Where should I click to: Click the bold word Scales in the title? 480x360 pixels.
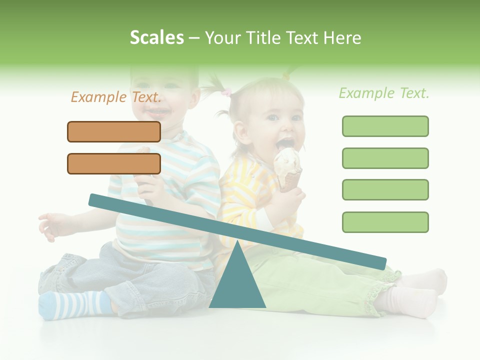pos(156,37)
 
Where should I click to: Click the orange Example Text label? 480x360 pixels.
pos(116,97)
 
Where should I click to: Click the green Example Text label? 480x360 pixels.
pos(384,93)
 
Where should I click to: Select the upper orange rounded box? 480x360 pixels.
pos(114,131)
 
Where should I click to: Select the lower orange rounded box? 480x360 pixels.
pos(114,163)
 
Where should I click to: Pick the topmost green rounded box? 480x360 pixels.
pos(385,126)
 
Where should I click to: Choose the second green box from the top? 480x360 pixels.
pos(385,158)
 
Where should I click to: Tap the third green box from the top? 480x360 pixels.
pos(385,189)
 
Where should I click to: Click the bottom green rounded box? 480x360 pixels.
pos(385,222)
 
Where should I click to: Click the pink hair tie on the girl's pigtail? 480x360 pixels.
pos(227,92)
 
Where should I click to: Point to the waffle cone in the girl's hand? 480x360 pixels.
pos(290,179)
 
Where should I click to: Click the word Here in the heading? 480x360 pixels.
pos(342,37)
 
